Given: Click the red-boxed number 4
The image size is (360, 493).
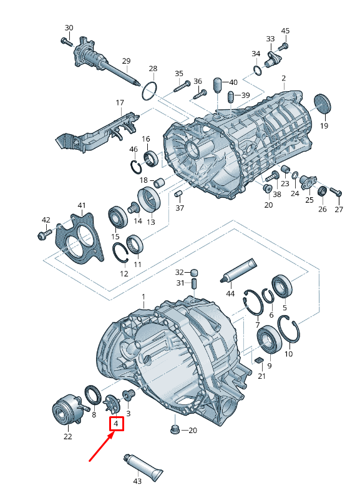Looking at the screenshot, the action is (x=116, y=424).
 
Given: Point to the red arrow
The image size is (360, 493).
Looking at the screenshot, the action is (x=102, y=447).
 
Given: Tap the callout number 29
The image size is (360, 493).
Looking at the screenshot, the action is (x=126, y=61).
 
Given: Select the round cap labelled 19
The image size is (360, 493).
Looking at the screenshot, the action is (x=323, y=104).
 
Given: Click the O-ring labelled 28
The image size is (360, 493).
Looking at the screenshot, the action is (x=149, y=91).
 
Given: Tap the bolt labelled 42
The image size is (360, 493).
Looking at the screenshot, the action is (x=45, y=234).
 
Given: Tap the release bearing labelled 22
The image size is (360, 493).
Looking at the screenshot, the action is (x=68, y=408).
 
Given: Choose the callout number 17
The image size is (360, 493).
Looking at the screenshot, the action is (x=120, y=103).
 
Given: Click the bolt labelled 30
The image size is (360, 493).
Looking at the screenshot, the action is (x=66, y=42).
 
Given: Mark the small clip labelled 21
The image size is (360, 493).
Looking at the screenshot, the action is (x=260, y=359).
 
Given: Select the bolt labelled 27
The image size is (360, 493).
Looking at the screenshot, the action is (x=336, y=192).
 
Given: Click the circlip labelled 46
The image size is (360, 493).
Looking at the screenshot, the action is (x=136, y=167).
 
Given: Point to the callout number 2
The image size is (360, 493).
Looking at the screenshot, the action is (x=284, y=78).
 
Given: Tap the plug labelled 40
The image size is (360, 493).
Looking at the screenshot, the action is (x=218, y=85).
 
